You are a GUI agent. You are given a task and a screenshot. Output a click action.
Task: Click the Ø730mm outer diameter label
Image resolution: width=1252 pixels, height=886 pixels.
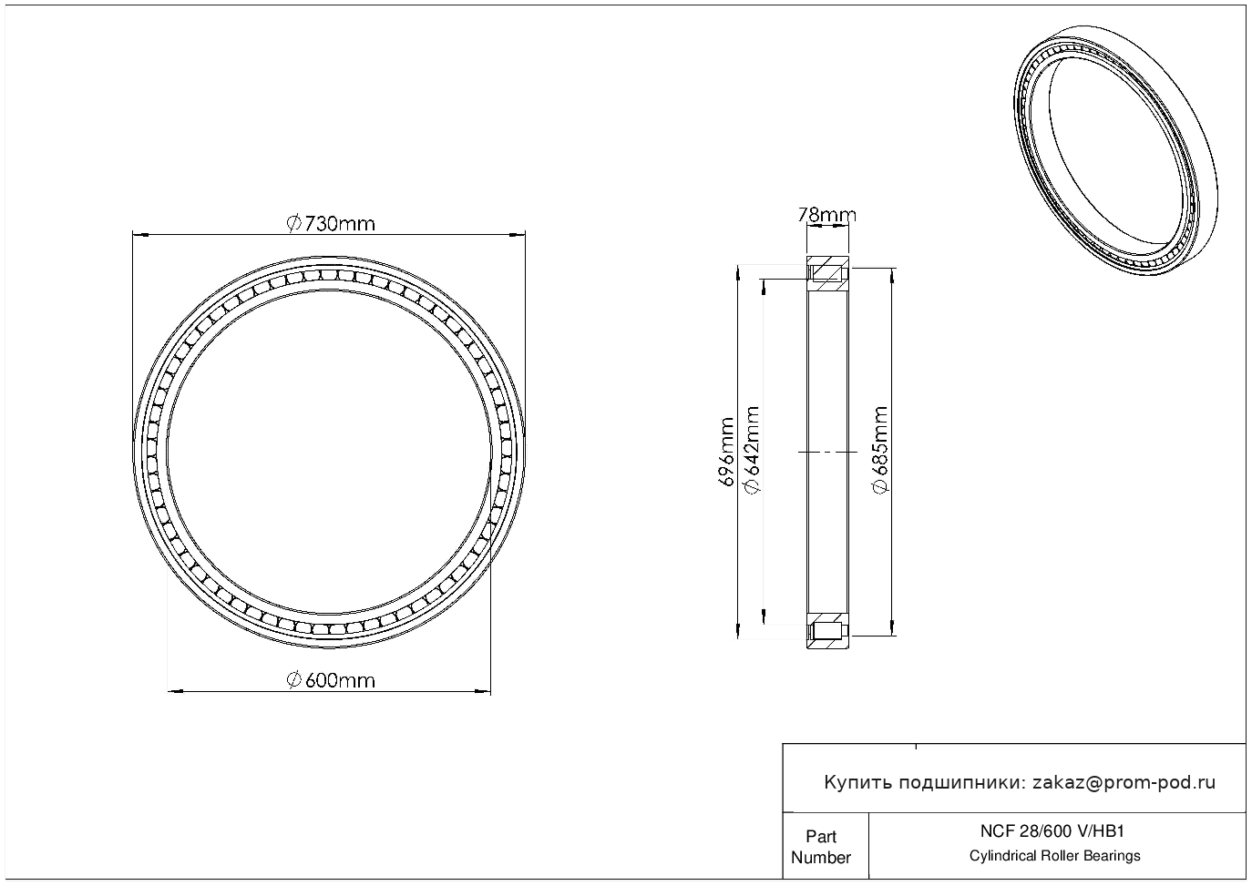331,223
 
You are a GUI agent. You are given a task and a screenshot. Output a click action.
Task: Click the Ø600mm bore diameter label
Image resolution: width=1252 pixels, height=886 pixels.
331,680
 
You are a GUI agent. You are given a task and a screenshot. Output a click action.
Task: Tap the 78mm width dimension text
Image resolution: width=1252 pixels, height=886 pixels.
826,215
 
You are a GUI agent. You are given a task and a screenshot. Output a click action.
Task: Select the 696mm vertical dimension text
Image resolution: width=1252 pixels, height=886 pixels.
725,452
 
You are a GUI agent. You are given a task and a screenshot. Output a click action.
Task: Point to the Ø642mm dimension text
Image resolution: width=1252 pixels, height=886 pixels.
752,450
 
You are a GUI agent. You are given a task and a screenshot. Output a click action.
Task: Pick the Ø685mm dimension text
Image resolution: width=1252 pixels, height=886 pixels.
879,450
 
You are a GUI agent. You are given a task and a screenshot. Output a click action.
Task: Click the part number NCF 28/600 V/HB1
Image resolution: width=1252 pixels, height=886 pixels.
1052,830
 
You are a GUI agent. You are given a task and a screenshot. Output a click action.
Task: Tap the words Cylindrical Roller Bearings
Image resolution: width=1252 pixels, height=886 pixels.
1054,855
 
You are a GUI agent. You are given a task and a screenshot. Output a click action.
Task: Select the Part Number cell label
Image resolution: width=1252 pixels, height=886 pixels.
820,846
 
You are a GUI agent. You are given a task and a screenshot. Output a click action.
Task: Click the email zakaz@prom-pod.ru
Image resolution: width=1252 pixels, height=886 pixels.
1124,782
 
